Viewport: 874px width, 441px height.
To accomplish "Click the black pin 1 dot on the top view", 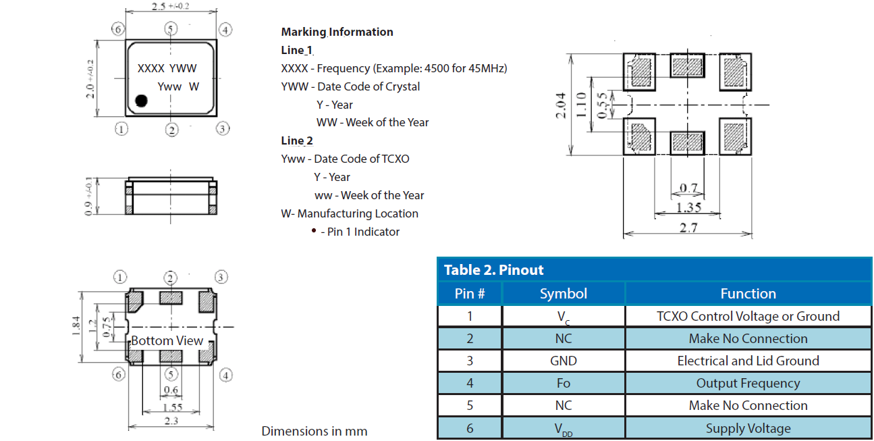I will click(141, 101).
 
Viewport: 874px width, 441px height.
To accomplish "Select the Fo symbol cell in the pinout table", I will click(564, 384).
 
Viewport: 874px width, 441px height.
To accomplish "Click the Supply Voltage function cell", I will click(748, 428).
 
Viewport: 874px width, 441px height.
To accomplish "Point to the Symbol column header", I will click(564, 294).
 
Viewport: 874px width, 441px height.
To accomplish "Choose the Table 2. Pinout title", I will click(493, 270).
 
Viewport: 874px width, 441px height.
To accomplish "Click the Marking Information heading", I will click(337, 32).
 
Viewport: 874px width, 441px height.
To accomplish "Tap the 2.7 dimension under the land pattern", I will click(688, 228).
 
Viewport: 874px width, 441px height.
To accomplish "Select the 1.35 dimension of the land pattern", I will click(688, 208).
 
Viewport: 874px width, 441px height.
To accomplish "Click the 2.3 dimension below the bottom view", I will click(171, 421).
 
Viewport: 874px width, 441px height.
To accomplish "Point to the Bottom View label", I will click(167, 340).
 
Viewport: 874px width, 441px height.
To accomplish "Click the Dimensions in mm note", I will click(315, 431).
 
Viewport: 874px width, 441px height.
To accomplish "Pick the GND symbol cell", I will click(564, 361).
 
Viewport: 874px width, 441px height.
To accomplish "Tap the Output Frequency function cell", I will click(748, 384).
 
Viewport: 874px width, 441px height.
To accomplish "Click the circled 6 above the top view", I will click(118, 30).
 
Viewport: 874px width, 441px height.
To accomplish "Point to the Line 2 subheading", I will click(297, 140).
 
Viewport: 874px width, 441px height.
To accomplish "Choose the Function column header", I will click(748, 294).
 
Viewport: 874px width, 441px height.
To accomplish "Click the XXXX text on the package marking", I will click(151, 68).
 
